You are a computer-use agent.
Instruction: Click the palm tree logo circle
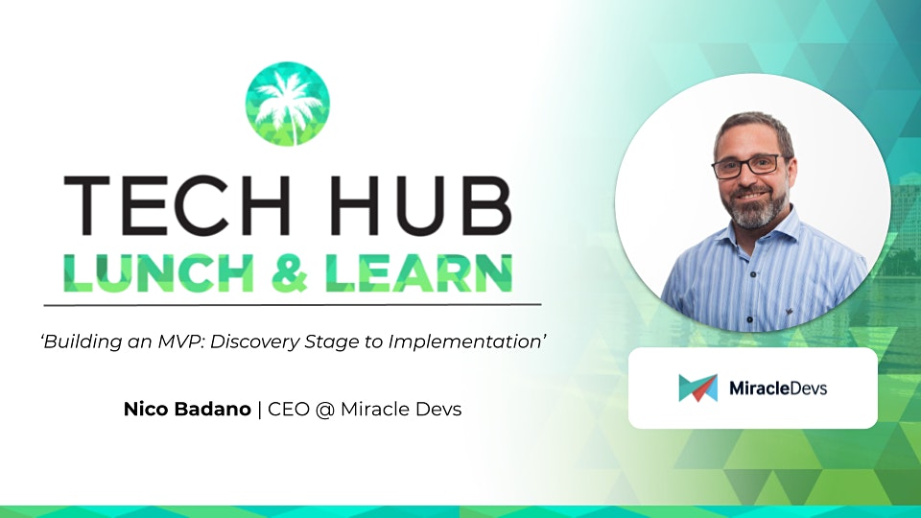click(287, 104)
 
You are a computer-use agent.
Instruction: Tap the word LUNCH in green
click(158, 273)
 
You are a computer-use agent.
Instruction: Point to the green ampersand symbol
click(290, 273)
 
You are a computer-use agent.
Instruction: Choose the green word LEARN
click(419, 273)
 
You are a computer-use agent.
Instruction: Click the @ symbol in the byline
click(325, 410)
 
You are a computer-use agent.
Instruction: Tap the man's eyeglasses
click(747, 166)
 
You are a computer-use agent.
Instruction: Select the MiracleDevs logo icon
click(697, 388)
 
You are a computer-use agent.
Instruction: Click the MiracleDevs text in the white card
click(778, 388)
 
